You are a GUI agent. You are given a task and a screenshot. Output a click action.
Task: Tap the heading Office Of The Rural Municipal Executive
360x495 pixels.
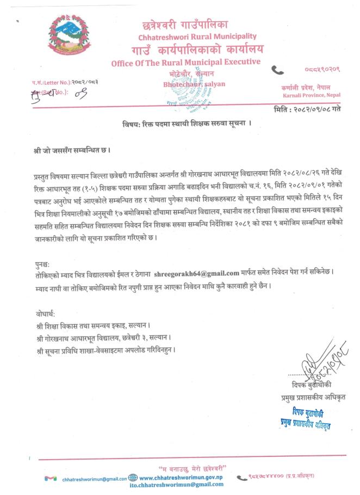[185, 63]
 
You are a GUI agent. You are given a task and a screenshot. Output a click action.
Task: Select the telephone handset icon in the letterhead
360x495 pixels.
[278, 69]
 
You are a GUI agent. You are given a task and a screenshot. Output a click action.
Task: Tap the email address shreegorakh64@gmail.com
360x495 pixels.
[197, 273]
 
